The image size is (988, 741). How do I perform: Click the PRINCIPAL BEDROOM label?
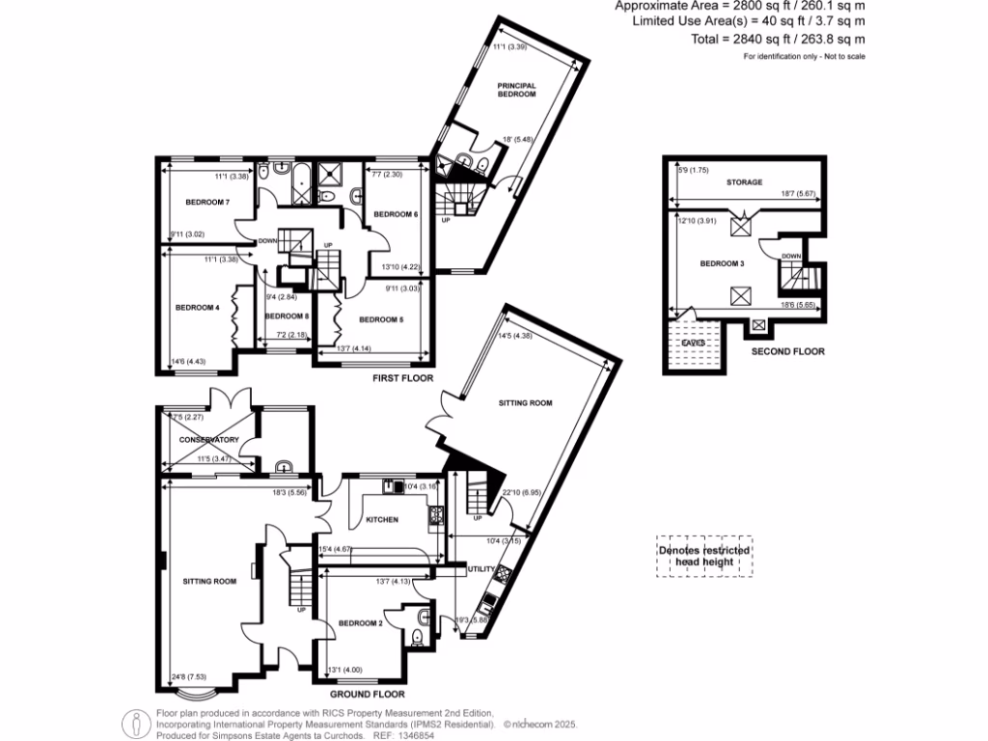(x=516, y=90)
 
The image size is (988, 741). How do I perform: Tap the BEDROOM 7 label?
(x=207, y=202)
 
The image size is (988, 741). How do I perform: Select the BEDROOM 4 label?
(x=197, y=308)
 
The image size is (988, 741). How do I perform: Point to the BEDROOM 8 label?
(x=287, y=316)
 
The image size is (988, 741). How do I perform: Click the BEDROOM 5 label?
(x=380, y=318)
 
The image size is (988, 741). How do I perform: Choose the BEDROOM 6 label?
(x=396, y=213)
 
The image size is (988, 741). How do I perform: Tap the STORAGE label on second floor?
(x=745, y=181)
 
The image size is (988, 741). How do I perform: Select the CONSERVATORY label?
(x=208, y=440)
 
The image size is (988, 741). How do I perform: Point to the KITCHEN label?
(x=382, y=520)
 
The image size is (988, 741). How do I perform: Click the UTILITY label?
(x=480, y=569)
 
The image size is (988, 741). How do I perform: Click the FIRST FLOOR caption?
(x=403, y=379)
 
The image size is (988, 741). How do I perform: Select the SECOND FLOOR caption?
(x=788, y=352)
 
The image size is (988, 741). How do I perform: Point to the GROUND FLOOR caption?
(x=368, y=694)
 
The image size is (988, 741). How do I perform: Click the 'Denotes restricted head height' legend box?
(x=704, y=557)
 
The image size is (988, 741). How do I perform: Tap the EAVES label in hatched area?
(x=694, y=342)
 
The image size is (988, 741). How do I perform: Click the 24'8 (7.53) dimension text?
(x=188, y=675)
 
